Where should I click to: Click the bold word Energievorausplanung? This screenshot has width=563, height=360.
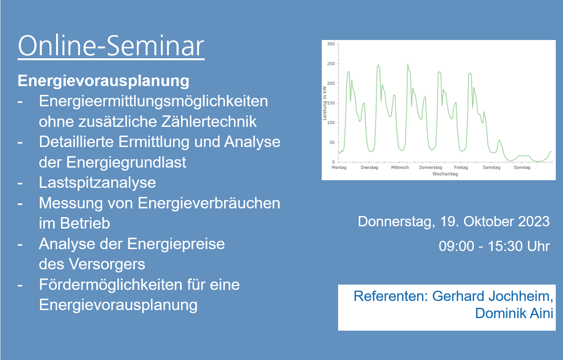pyautogui.click(x=103, y=81)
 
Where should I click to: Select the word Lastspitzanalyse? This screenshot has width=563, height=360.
pyautogui.click(x=97, y=182)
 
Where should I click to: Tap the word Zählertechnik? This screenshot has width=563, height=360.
pyautogui.click(x=209, y=122)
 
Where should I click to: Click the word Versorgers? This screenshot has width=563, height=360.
pyautogui.click(x=107, y=264)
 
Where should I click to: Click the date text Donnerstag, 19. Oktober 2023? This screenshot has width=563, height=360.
pyautogui.click(x=454, y=222)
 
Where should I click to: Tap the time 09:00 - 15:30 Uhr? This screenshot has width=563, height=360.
pyautogui.click(x=494, y=246)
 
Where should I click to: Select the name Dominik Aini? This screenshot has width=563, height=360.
pyautogui.click(x=514, y=313)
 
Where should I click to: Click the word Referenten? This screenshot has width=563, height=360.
pyautogui.click(x=391, y=296)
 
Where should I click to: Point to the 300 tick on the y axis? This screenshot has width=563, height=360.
pyautogui.click(x=331, y=44)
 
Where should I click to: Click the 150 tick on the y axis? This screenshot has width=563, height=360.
pyautogui.click(x=331, y=103)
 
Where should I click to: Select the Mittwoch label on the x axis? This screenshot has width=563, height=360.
pyautogui.click(x=400, y=168)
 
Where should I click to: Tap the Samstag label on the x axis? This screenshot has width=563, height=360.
pyautogui.click(x=491, y=168)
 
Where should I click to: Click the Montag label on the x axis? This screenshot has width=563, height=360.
pyautogui.click(x=339, y=168)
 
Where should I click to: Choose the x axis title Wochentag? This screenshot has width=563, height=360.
pyautogui.click(x=445, y=174)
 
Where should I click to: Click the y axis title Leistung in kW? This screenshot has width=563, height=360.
pyautogui.click(x=324, y=103)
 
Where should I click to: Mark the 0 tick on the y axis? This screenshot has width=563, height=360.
pyautogui.click(x=333, y=162)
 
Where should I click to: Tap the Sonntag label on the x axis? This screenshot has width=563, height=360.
pyautogui.click(x=522, y=168)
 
